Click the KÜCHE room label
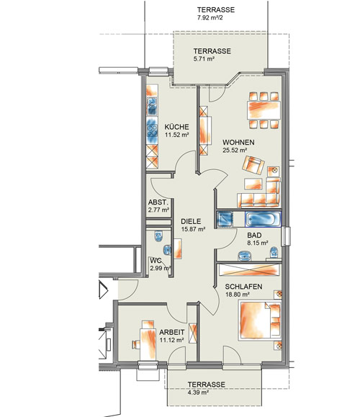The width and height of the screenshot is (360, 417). click(176, 127)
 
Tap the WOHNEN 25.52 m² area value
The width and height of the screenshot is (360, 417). click(235, 151)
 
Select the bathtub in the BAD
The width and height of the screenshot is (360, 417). click(263, 220)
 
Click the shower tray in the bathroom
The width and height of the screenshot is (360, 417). click(225, 220)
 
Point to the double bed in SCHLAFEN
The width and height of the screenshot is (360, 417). click(259, 320)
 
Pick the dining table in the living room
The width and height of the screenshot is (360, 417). click(264, 110)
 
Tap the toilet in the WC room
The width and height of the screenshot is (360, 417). click(158, 236)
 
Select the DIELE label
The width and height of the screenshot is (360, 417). click(191, 222)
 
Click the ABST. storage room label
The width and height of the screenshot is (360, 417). click(158, 202)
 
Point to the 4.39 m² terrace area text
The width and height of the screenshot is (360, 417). click(198, 393)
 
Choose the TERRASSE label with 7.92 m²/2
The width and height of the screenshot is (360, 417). click(215, 10)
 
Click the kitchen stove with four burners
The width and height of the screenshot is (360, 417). click(152, 131)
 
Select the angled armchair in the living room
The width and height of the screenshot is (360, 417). click(253, 165)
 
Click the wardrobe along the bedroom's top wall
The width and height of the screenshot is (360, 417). click(248, 271)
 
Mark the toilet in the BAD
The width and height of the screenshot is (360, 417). click(274, 252)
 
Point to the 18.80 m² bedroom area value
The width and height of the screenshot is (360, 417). click(237, 295)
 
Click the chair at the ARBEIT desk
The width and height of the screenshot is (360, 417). click(136, 344)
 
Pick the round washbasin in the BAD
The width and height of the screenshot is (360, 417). click(244, 256)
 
